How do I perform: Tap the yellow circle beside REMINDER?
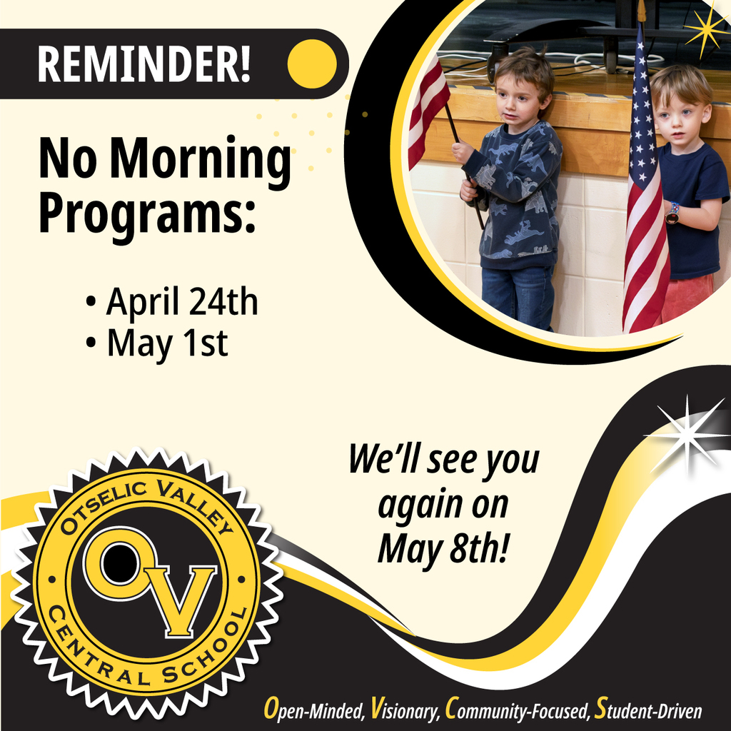pyautogui.click(x=312, y=64)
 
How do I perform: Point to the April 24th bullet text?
pyautogui.click(x=181, y=303)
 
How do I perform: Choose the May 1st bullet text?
pyautogui.click(x=167, y=344)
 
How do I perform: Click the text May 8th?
pyautogui.click(x=442, y=548)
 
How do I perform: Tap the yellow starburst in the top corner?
pyautogui.click(x=705, y=29)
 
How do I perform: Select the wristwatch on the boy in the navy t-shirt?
pyautogui.click(x=672, y=213)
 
